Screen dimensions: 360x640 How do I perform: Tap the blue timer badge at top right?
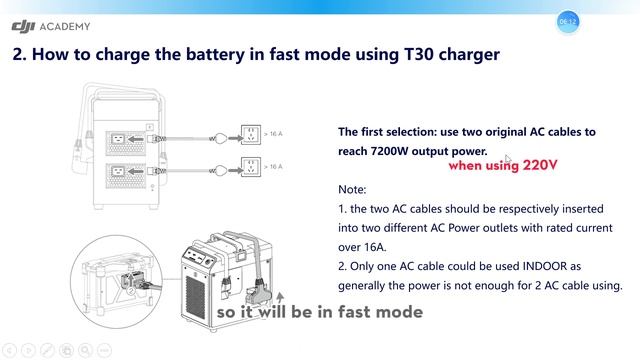[x=567, y=21]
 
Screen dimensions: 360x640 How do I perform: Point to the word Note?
[x=353, y=189]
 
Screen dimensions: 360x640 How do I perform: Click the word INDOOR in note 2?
[x=529, y=265]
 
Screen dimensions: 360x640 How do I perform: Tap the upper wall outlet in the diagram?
[x=251, y=133]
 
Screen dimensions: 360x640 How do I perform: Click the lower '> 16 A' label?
[x=273, y=166]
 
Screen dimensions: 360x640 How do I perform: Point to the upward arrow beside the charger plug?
[x=280, y=298]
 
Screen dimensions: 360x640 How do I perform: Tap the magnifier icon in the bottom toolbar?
[x=85, y=350]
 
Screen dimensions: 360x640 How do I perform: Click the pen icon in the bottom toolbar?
[x=46, y=350]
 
